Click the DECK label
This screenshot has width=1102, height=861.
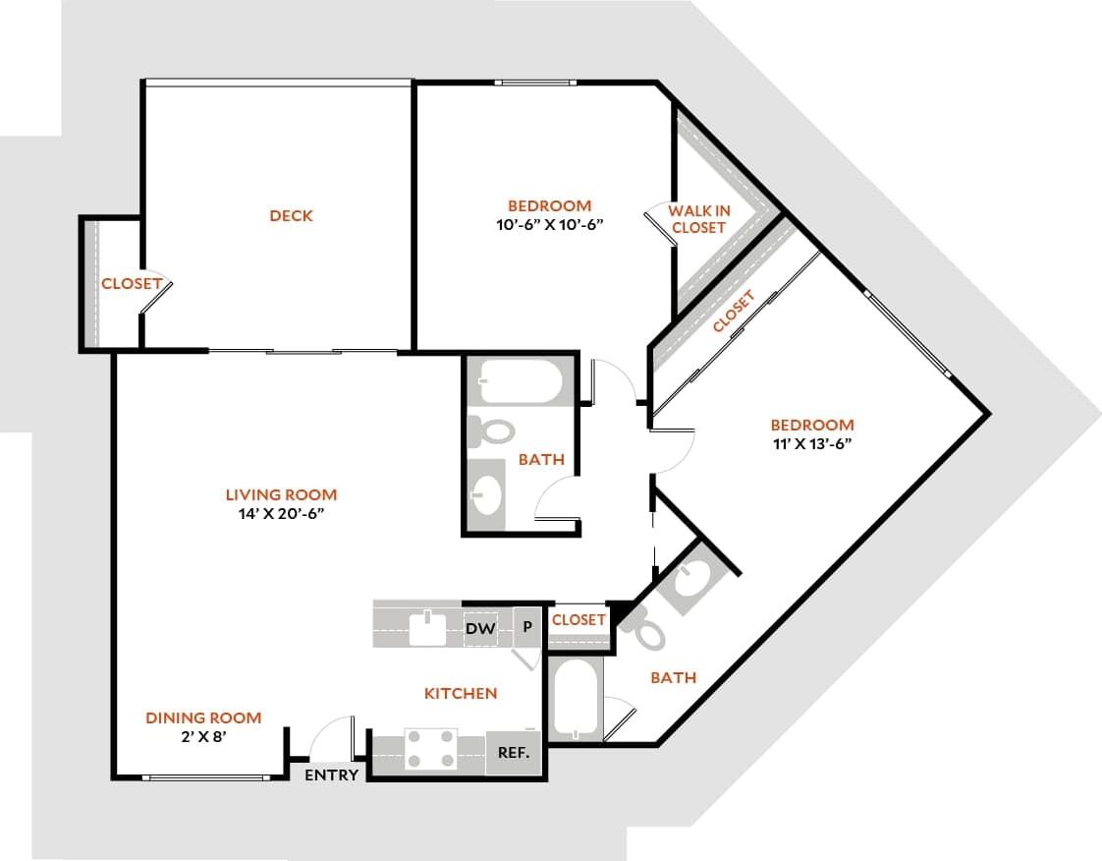point(291,215)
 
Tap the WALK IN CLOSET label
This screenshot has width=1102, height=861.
point(698,219)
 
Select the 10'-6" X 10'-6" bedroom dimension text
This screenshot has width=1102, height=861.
point(549,223)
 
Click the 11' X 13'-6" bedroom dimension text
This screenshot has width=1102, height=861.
point(811,442)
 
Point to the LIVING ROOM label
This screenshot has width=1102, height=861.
point(281,494)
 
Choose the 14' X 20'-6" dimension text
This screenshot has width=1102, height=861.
point(281,513)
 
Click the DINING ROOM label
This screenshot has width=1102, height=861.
point(203,717)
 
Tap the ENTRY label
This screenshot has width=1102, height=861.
point(331,775)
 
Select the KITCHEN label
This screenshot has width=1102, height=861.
point(460,693)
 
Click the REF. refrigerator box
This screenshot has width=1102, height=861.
point(514,754)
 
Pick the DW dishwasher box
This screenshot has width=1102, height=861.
point(480,627)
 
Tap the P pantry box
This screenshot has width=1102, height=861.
point(527,626)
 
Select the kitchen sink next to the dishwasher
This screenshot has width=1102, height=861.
point(428,627)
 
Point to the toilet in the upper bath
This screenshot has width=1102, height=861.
point(490,430)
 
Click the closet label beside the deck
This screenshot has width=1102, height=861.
point(131,283)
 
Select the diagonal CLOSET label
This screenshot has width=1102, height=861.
point(734,312)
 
